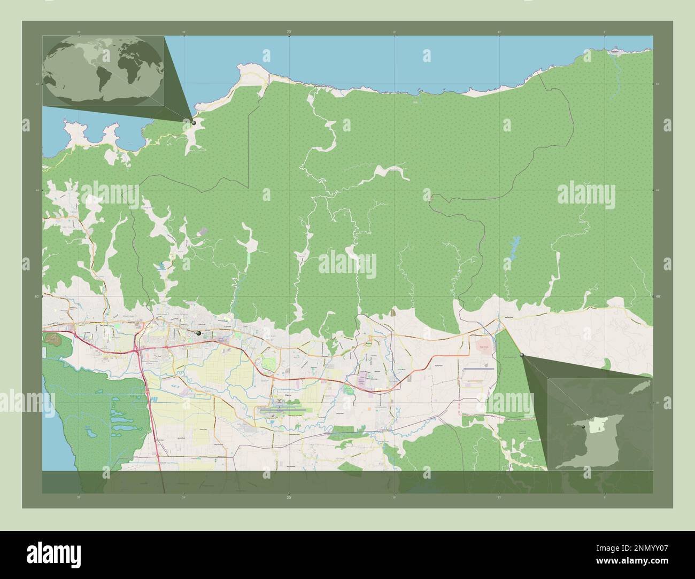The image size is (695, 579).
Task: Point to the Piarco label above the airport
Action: (x=288, y=396)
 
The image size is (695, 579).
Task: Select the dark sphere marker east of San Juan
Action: (x=199, y=333)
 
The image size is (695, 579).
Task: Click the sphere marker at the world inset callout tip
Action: (x=194, y=122)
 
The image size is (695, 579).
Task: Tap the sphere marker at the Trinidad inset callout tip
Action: (x=522, y=355)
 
